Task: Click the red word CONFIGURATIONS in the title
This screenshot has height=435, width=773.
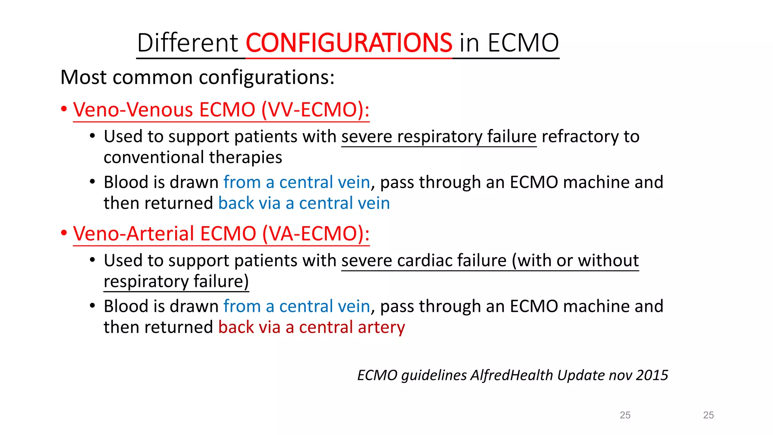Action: pos(349,43)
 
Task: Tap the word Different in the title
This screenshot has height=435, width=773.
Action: pos(188,43)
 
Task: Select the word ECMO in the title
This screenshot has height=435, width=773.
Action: pos(523,43)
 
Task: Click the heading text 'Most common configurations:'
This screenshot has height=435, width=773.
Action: pos(197,77)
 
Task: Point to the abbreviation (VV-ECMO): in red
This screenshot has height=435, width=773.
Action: pos(316,110)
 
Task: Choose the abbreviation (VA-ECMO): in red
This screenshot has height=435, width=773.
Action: pos(316,234)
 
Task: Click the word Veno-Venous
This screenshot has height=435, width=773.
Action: pos(133,110)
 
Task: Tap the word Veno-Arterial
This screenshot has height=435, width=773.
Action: pos(134,234)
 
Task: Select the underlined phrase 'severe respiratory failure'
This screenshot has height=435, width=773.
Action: pos(439,136)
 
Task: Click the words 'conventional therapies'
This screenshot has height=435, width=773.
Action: pos(193,157)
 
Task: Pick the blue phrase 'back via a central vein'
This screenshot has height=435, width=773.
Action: pos(304,203)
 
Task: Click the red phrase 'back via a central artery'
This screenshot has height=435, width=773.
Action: pos(311,327)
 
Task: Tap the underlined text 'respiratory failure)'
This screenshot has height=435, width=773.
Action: pos(176,282)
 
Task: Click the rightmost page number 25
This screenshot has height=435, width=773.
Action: pos(708,415)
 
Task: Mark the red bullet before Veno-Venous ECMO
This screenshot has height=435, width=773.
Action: pos(64,110)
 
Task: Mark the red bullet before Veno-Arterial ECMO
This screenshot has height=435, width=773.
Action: pos(64,233)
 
